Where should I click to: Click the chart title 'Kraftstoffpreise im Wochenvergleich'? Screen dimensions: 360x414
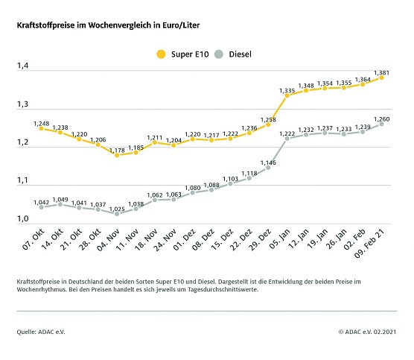[108, 25]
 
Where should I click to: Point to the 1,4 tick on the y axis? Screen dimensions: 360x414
[22, 66]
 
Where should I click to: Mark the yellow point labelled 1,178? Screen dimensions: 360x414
[117, 155]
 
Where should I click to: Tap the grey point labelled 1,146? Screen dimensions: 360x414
[268, 167]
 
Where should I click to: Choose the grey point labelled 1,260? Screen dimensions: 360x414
[382, 124]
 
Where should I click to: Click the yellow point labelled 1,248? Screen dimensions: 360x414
[41, 128]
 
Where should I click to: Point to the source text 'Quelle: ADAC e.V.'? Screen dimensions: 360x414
[41, 331]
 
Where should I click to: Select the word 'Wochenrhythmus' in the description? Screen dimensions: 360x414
[42, 290]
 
